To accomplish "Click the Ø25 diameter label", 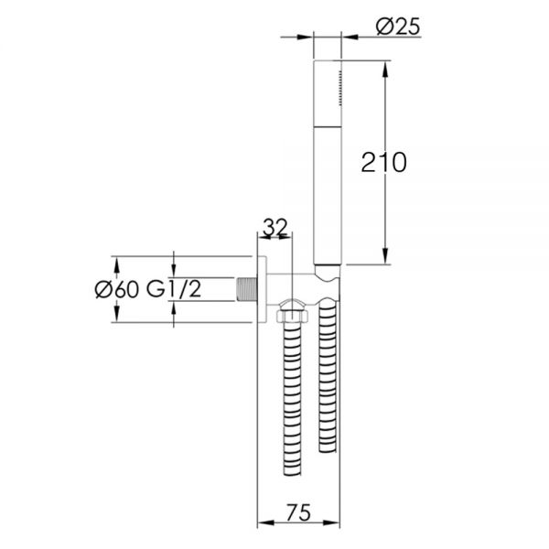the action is click(x=398, y=27).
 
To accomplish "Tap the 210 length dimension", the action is click(x=383, y=163).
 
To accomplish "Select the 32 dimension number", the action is click(x=275, y=227).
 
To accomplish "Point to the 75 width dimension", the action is click(x=298, y=512).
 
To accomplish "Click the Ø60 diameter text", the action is click(x=117, y=289).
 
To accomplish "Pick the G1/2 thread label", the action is click(x=174, y=289).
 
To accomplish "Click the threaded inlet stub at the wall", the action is click(x=247, y=289).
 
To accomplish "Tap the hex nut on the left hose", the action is click(x=293, y=317).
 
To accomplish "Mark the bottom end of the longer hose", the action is click(x=293, y=473).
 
